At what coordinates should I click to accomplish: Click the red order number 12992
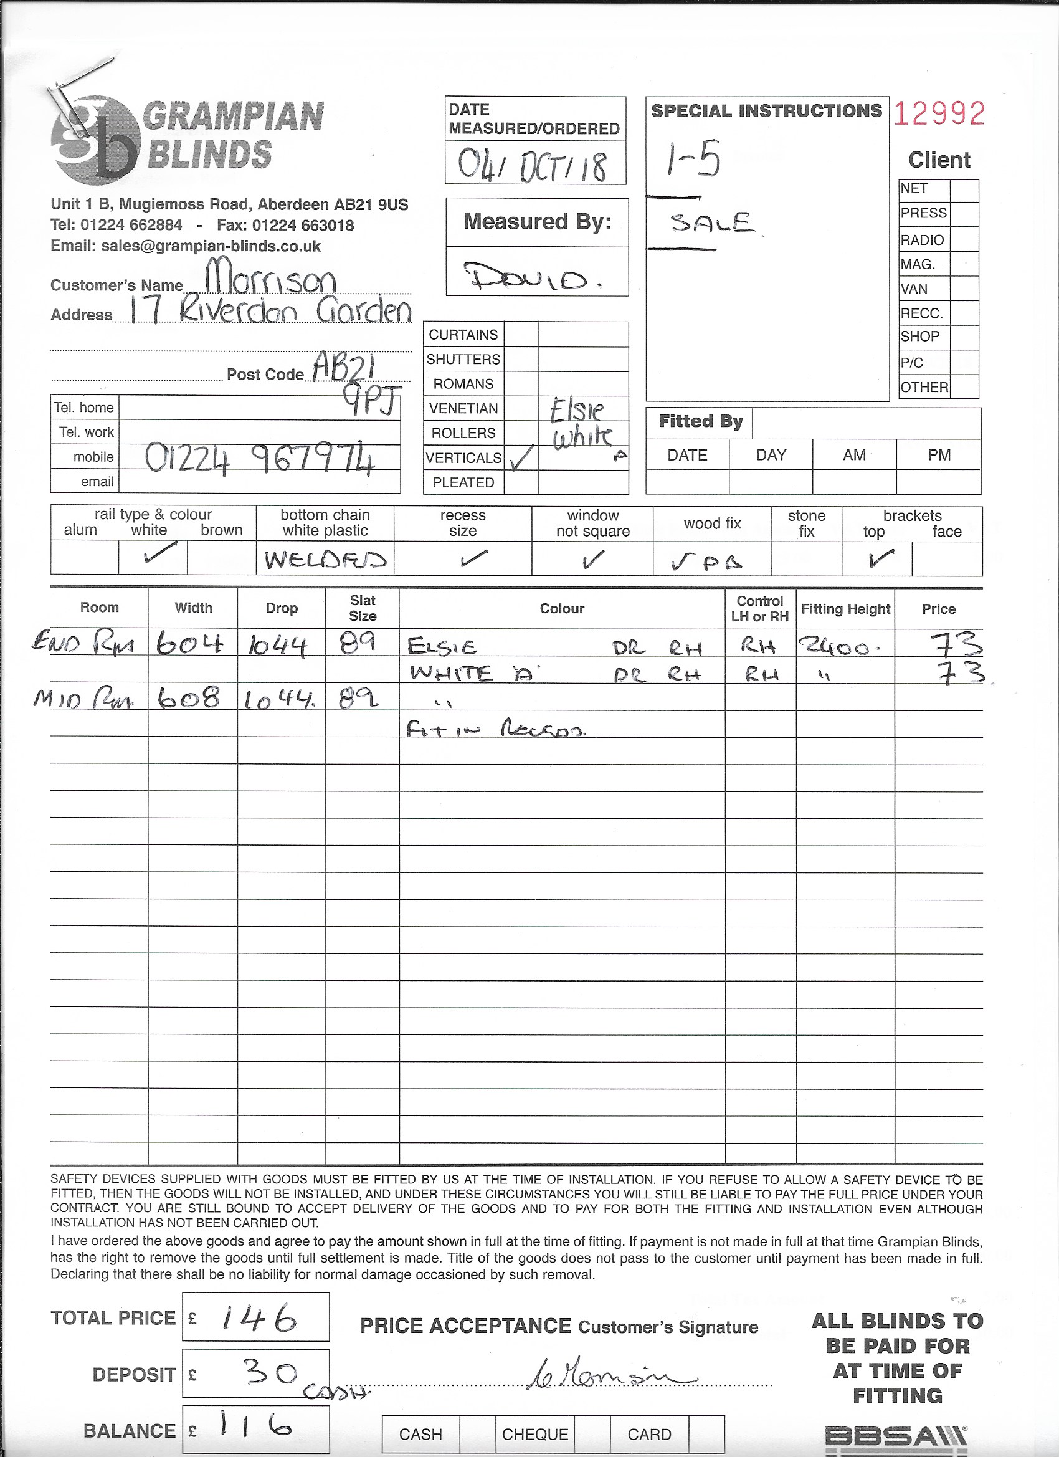point(938,114)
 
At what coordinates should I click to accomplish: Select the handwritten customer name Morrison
point(270,277)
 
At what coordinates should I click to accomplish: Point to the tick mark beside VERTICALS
point(521,457)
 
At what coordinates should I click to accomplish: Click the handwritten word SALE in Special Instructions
point(711,223)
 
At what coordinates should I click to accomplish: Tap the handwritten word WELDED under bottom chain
point(325,560)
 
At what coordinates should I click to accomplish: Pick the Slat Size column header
point(362,608)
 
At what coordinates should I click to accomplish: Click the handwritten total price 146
point(259,1319)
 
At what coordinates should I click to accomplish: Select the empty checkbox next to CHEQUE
point(591,1435)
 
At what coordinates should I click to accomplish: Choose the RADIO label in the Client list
point(922,240)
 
